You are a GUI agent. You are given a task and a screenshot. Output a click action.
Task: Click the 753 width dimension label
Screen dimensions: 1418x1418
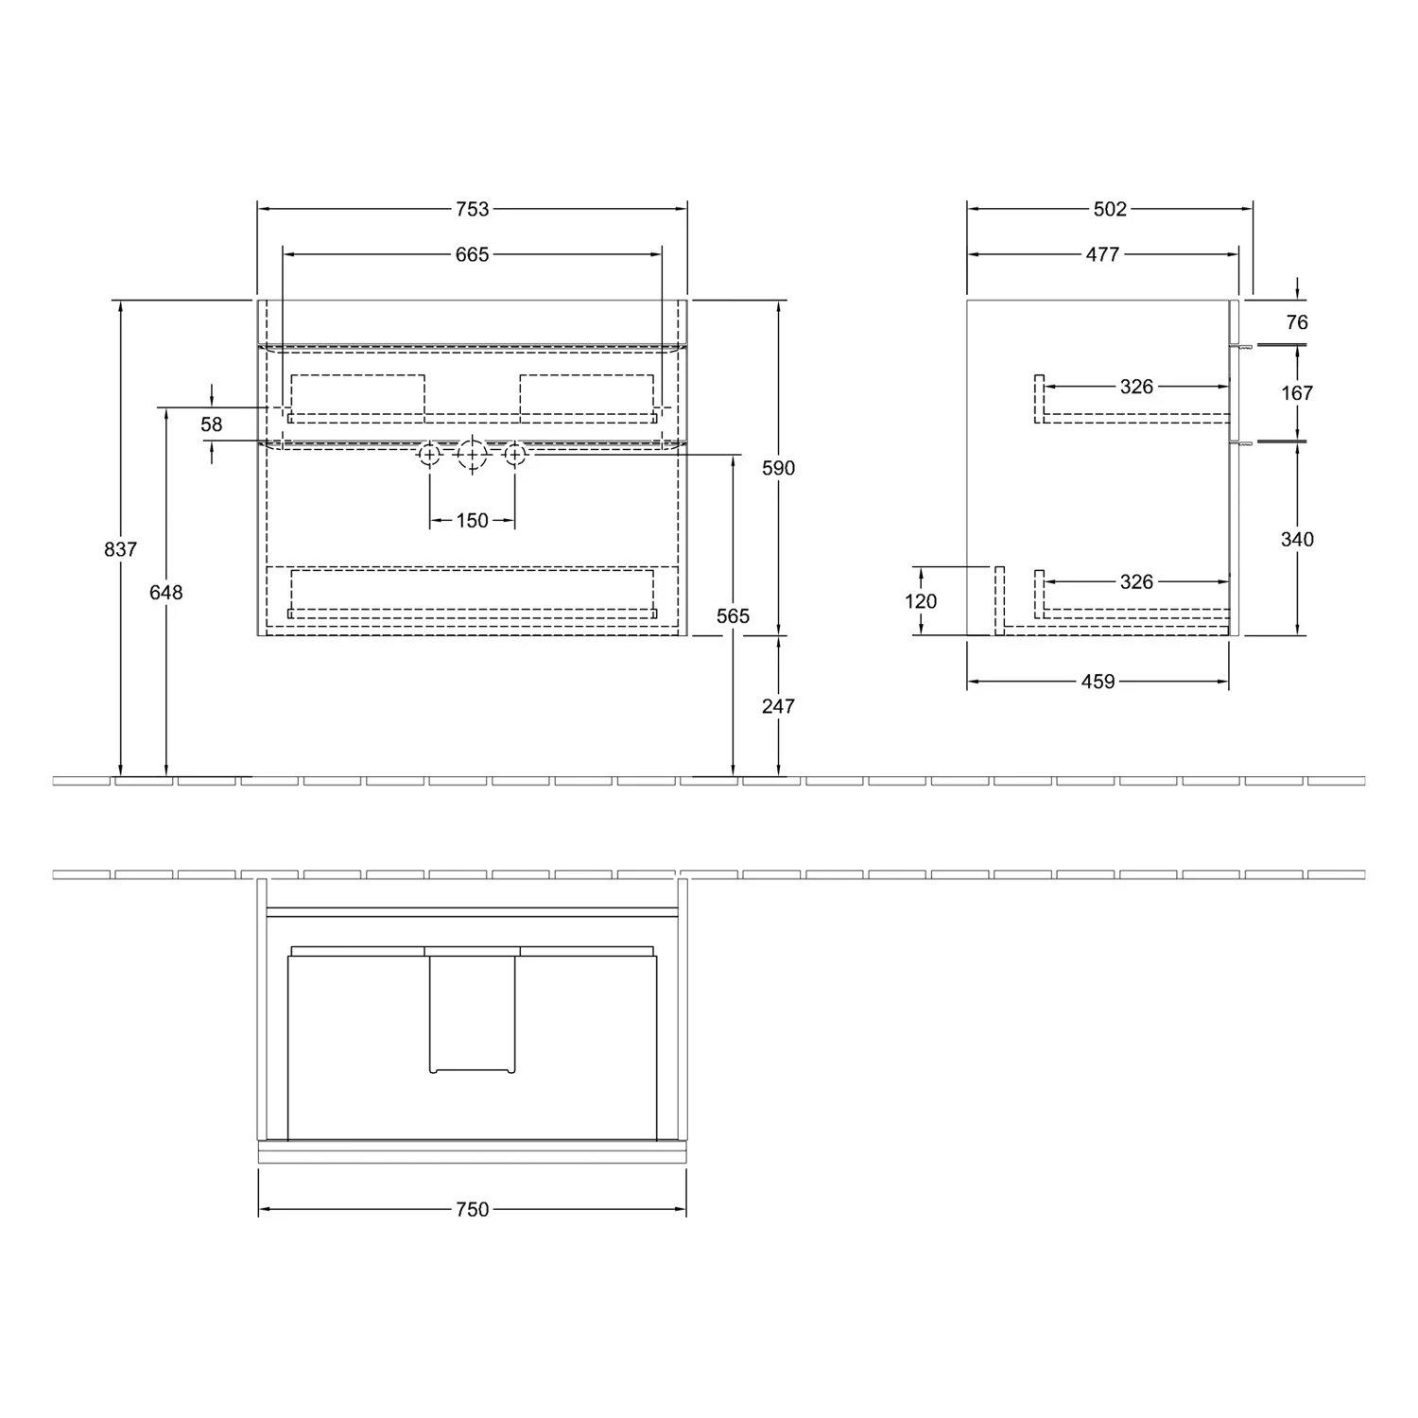pos(472,209)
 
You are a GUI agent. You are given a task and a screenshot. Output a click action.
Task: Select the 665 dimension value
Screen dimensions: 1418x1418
pos(472,254)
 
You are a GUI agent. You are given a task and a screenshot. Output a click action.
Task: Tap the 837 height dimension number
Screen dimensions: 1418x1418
pos(121,548)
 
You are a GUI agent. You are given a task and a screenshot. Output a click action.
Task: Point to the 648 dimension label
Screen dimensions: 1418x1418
pos(166,592)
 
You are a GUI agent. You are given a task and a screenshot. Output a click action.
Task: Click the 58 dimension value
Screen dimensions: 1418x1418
pos(212,424)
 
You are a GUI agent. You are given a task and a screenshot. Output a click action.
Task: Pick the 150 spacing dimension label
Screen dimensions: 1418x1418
pos(472,520)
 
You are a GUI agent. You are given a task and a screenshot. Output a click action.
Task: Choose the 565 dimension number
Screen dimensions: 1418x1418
pos(733,615)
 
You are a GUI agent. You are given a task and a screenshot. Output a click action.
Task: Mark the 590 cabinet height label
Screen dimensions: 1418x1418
pos(779,468)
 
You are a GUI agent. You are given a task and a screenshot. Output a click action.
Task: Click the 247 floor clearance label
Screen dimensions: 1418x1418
pos(779,705)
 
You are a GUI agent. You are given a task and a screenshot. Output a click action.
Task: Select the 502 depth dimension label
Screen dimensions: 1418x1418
pos(1110,209)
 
